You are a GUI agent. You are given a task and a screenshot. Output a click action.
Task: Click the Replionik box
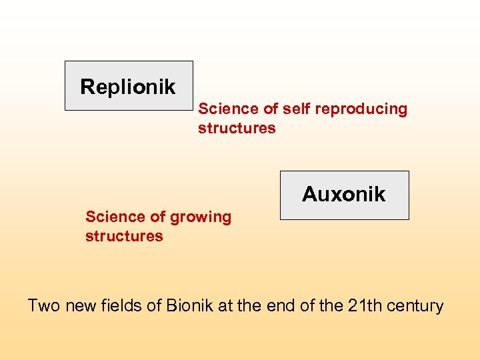(128, 86)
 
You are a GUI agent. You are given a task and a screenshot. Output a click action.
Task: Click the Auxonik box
(344, 195)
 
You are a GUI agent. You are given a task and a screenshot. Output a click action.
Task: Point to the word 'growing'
(201, 217)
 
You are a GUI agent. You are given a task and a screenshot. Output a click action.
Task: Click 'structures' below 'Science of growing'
(124, 236)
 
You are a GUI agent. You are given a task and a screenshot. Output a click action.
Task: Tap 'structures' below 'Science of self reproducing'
(237, 128)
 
